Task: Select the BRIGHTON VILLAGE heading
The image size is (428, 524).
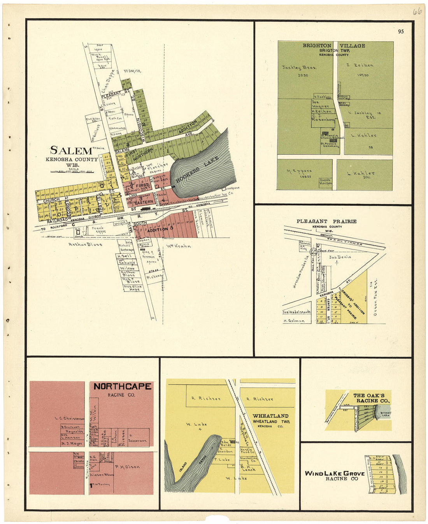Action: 334,46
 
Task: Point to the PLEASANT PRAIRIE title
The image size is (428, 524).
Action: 326,221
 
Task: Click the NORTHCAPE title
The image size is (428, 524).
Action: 122,386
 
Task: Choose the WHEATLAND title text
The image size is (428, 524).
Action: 270,416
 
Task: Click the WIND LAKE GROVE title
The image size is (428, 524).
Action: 335,473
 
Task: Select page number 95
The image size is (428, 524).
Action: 401,31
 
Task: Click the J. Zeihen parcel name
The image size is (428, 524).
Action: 360,65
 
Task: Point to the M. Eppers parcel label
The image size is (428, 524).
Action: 299,171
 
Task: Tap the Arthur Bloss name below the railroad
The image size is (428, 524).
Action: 85,245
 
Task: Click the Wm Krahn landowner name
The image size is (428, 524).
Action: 179,246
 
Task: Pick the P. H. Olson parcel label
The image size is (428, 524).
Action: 127,467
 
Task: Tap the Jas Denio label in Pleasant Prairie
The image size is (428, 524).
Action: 340,257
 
